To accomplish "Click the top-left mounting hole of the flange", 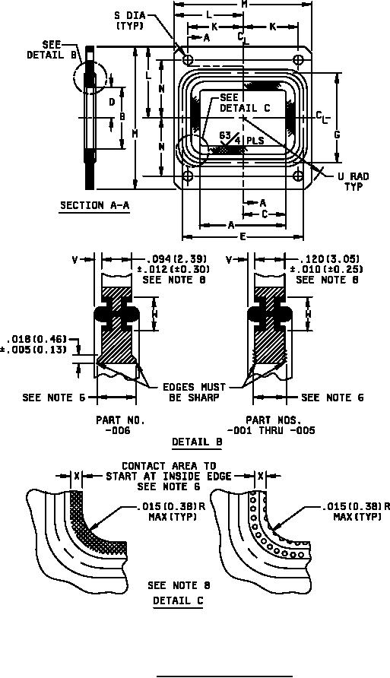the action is pyautogui.click(x=188, y=59).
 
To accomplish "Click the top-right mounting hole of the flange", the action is pyautogui.click(x=298, y=59).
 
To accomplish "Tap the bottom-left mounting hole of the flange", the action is pyautogui.click(x=188, y=176).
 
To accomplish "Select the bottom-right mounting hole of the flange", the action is pyautogui.click(x=298, y=176).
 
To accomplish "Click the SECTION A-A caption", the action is pyautogui.click(x=95, y=205).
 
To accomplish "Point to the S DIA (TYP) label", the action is pyautogui.click(x=130, y=21).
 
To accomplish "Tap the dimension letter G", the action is pyautogui.click(x=337, y=135).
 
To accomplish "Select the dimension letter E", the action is pyautogui.click(x=243, y=236).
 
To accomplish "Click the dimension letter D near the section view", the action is pyautogui.click(x=112, y=102).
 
